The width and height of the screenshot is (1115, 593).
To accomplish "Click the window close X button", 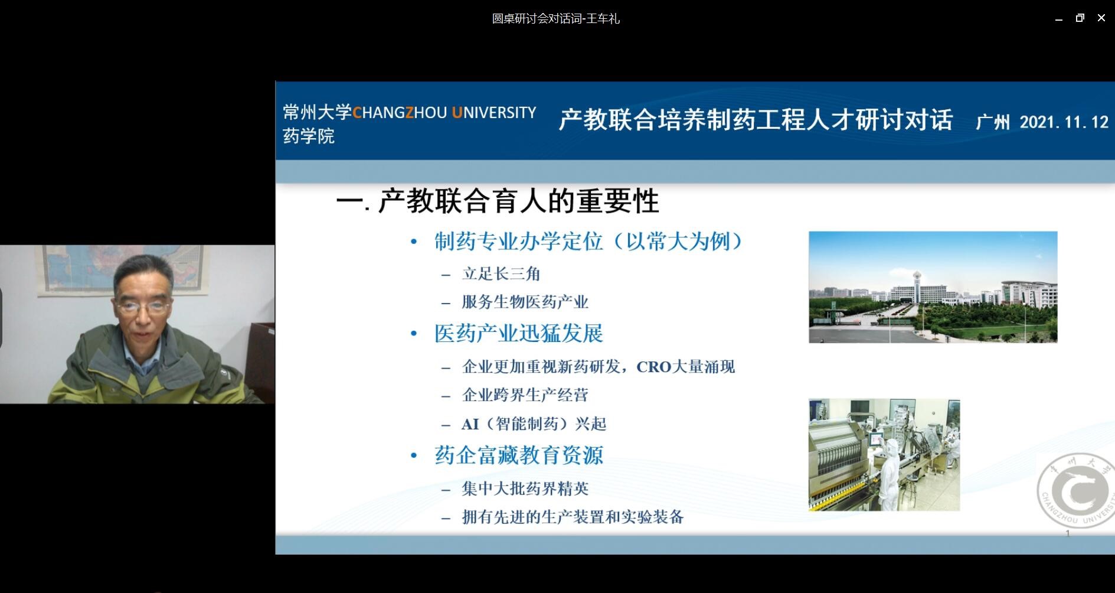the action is tap(1101, 18).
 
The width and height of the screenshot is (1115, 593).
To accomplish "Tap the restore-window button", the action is tap(1080, 18).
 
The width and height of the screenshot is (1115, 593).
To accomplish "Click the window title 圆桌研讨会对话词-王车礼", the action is tap(556, 19).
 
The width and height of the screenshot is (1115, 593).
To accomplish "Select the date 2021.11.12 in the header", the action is tap(1064, 122).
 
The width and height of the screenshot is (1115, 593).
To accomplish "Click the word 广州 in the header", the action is tap(993, 122).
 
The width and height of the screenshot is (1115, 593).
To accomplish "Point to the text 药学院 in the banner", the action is tap(309, 136).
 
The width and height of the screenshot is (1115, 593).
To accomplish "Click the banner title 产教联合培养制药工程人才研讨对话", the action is tap(756, 120).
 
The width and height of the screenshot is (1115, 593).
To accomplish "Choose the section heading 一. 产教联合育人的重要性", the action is tap(498, 201).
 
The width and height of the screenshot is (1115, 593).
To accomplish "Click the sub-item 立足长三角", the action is tap(501, 274).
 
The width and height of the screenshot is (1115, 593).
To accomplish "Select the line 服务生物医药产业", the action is tap(525, 302).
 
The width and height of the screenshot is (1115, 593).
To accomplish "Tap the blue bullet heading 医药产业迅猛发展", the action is tap(519, 334).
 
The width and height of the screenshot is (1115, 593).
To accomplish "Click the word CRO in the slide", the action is tap(654, 367).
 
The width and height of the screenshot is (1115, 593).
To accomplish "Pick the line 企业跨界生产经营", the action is tap(525, 395).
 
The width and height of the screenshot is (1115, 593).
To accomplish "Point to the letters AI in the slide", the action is tap(470, 424).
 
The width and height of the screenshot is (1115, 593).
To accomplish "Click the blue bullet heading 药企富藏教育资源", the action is tap(519, 455).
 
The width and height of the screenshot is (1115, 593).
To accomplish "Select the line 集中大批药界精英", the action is tap(525, 488).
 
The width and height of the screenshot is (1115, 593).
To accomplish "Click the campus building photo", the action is tap(933, 287).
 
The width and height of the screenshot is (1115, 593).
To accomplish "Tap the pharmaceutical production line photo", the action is tap(884, 455).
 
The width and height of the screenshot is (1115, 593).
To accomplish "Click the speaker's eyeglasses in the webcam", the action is tap(143, 307).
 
